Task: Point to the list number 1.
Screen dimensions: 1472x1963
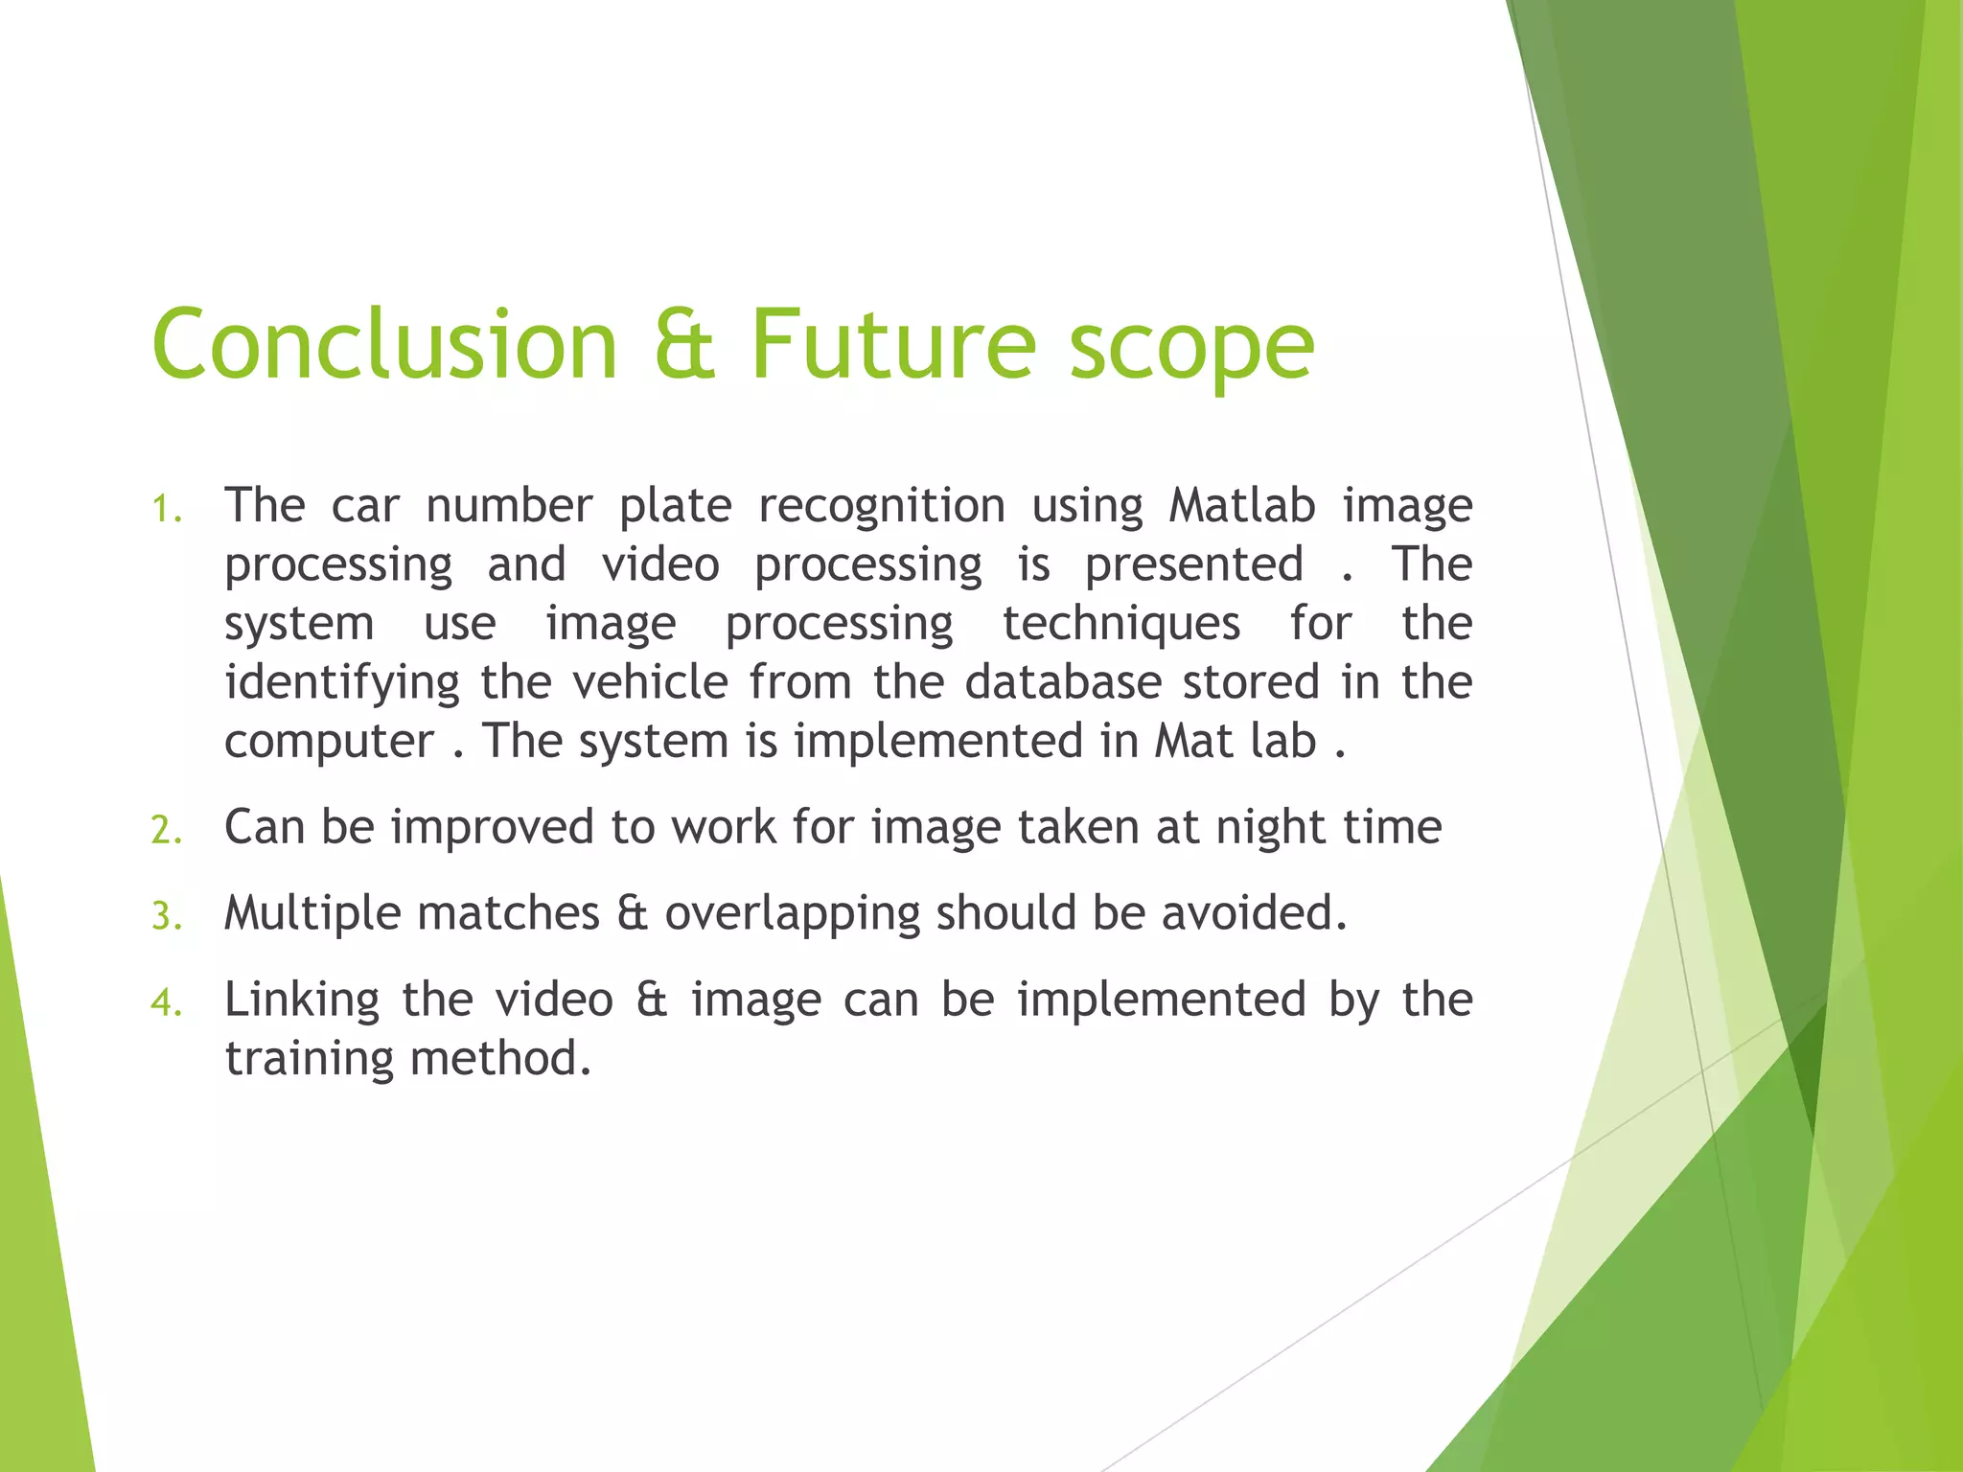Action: tap(166, 509)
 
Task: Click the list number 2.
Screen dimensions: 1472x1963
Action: tap(166, 830)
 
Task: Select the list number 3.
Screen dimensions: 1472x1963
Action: tap(166, 916)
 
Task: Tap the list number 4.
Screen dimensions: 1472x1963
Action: tap(166, 1002)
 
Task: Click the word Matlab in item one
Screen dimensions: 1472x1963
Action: tap(1242, 505)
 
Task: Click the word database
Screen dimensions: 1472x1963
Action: tap(1063, 682)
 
